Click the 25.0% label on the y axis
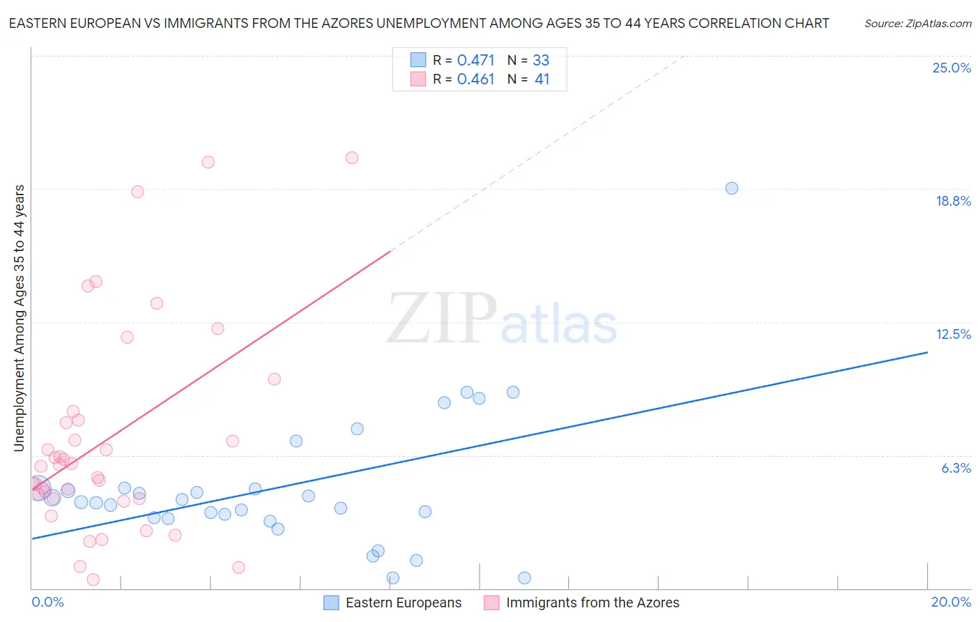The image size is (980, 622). point(951,68)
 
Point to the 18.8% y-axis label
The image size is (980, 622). point(953,202)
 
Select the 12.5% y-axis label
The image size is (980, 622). point(953,335)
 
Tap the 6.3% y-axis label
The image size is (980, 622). point(956,469)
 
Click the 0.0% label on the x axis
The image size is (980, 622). point(47,602)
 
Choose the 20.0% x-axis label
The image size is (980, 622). point(951,602)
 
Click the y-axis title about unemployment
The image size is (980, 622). point(20,318)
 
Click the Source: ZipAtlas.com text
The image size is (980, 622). point(917,24)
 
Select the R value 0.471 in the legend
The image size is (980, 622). point(475,61)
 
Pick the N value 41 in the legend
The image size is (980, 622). point(542,79)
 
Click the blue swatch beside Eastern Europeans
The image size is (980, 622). point(331,602)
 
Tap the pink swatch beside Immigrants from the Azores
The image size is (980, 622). point(492,602)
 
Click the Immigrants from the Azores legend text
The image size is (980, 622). point(592,602)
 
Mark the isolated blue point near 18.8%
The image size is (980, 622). point(731,188)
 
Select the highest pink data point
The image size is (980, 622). point(352,158)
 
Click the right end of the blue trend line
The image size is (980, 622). point(926,353)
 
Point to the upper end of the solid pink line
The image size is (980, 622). point(390,250)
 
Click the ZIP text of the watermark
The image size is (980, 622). point(442,319)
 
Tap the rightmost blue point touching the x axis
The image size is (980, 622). point(524,577)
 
